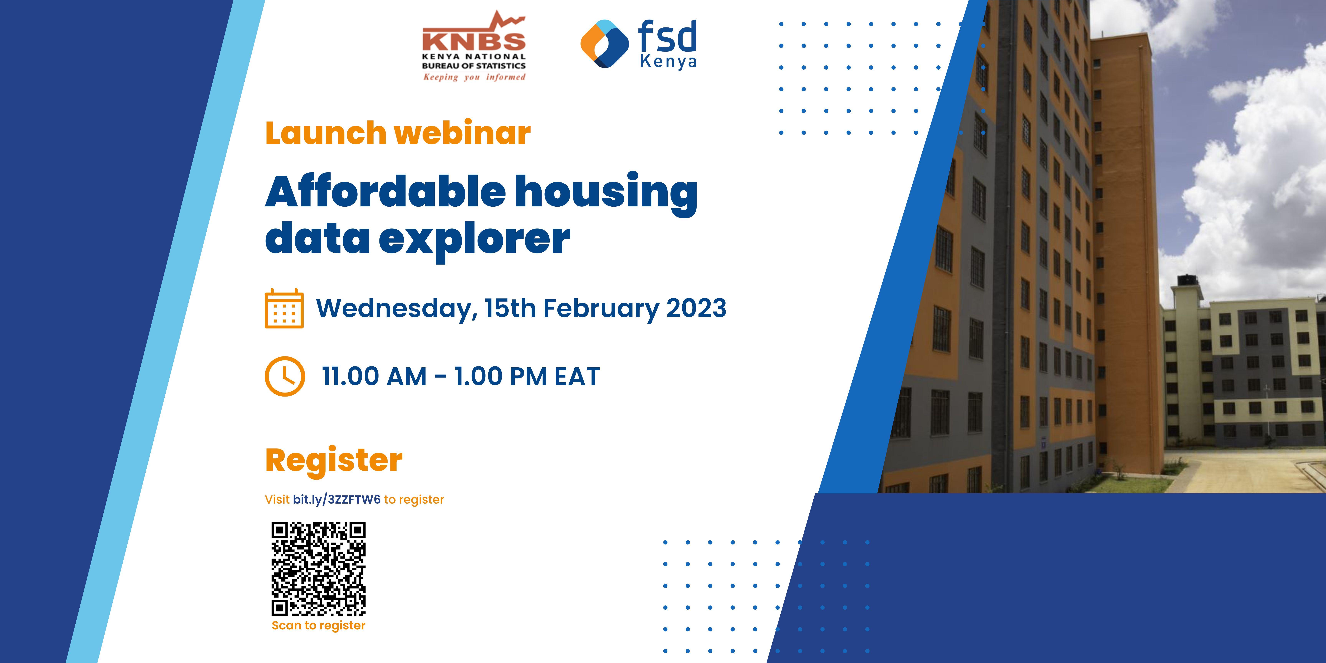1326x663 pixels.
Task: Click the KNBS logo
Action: point(474,46)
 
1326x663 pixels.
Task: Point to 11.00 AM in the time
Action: point(374,376)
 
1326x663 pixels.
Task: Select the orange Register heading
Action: point(334,461)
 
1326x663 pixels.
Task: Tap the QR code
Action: point(319,569)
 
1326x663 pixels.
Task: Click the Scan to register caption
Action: point(319,625)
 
